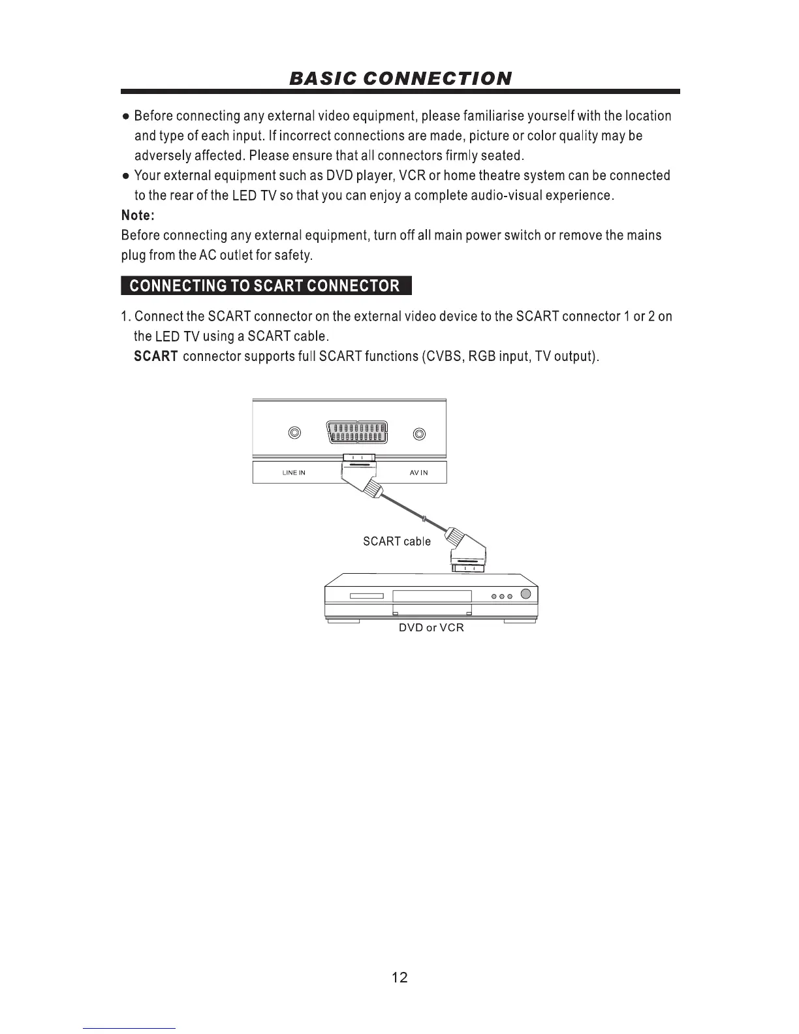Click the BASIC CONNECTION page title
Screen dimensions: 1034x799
(x=399, y=79)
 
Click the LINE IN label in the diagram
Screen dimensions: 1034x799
(x=294, y=473)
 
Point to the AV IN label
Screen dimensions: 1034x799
(x=419, y=473)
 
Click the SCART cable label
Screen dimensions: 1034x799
(x=397, y=541)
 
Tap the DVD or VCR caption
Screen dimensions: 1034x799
(x=431, y=627)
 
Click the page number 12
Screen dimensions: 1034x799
(x=399, y=977)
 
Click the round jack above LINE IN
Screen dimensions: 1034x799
(x=294, y=433)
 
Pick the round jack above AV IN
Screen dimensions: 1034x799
(x=420, y=433)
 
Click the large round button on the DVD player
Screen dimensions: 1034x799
(x=526, y=595)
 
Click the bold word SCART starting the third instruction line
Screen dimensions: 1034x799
(x=156, y=356)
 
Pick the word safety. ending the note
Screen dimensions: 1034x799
(x=294, y=255)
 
